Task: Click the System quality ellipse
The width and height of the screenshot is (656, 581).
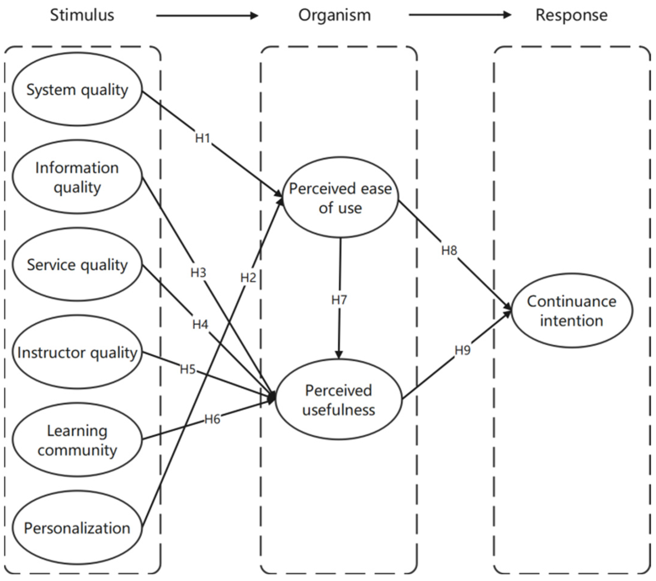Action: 77,89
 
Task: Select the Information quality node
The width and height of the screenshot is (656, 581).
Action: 77,177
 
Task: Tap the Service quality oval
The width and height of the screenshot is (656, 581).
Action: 77,265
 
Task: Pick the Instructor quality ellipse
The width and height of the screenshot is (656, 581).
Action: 77,353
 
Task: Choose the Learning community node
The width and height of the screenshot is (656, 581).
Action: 77,440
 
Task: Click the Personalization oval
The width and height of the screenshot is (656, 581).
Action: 77,528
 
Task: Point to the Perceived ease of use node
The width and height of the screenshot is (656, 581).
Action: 340,198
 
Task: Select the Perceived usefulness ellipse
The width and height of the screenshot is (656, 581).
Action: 339,400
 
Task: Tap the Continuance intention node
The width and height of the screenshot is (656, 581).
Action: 572,311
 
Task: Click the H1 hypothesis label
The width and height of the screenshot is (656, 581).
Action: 203,138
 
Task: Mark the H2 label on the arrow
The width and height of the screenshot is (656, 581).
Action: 248,278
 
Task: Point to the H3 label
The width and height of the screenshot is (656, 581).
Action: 198,273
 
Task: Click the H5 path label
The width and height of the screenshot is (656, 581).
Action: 188,370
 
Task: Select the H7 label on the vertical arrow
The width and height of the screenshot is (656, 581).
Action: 339,300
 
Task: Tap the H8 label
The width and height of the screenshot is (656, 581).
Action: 449,250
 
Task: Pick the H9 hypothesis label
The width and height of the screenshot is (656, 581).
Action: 462,350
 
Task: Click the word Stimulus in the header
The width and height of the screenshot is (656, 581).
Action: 82,15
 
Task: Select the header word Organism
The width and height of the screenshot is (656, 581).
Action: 334,15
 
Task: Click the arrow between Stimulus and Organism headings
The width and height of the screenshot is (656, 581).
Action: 207,15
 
